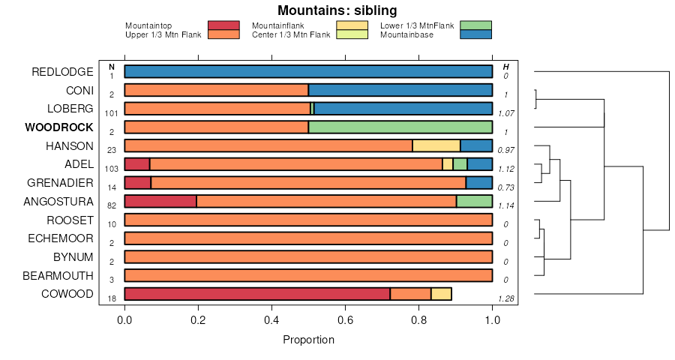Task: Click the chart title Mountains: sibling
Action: (x=337, y=10)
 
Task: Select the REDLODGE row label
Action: (x=62, y=72)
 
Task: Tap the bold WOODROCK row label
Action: (x=59, y=127)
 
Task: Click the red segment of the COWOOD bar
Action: (x=257, y=294)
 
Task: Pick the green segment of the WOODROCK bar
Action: (x=400, y=127)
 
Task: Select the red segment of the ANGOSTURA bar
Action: (x=160, y=201)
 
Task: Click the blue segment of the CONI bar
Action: (x=400, y=91)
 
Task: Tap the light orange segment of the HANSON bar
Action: (x=436, y=145)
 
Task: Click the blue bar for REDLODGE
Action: (x=308, y=72)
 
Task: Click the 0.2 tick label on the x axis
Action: (x=198, y=319)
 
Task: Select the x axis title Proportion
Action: (x=308, y=340)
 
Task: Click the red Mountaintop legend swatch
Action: (x=223, y=25)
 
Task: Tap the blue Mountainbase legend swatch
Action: (x=475, y=34)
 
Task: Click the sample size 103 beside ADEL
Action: (x=112, y=169)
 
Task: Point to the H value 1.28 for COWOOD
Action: (x=505, y=300)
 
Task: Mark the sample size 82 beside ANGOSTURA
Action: (x=112, y=205)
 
